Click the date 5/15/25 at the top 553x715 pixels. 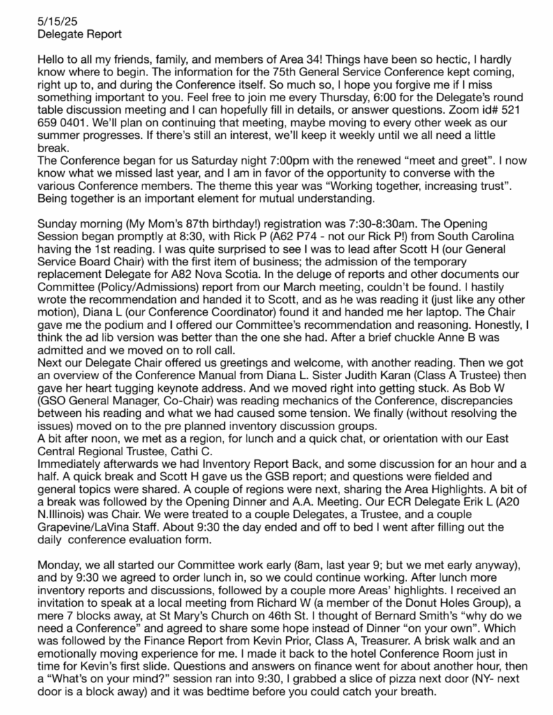pyautogui.click(x=53, y=23)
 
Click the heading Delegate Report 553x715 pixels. pyautogui.click(x=73, y=34)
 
